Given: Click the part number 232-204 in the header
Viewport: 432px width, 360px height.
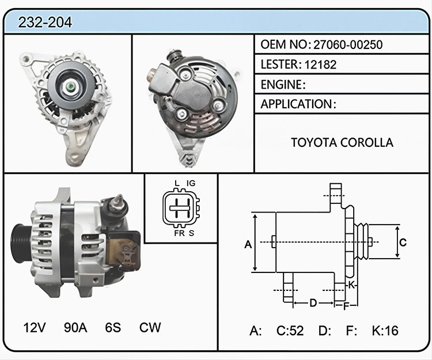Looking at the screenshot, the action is [45, 22].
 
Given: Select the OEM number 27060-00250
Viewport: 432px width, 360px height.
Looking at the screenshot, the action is [348, 44].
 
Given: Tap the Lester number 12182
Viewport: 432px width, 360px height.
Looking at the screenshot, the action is [320, 65].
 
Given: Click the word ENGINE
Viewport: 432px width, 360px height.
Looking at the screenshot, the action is [281, 85].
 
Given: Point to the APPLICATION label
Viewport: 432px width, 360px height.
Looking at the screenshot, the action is [297, 104].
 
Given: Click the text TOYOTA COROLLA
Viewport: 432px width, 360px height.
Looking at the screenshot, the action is [342, 142].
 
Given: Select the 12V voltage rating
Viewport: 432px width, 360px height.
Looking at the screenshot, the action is [35, 328].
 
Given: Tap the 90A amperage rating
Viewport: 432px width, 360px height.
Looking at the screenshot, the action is [75, 328].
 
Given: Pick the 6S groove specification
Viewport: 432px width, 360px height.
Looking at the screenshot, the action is [113, 328].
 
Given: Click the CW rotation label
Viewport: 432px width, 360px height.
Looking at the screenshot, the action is [150, 328].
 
